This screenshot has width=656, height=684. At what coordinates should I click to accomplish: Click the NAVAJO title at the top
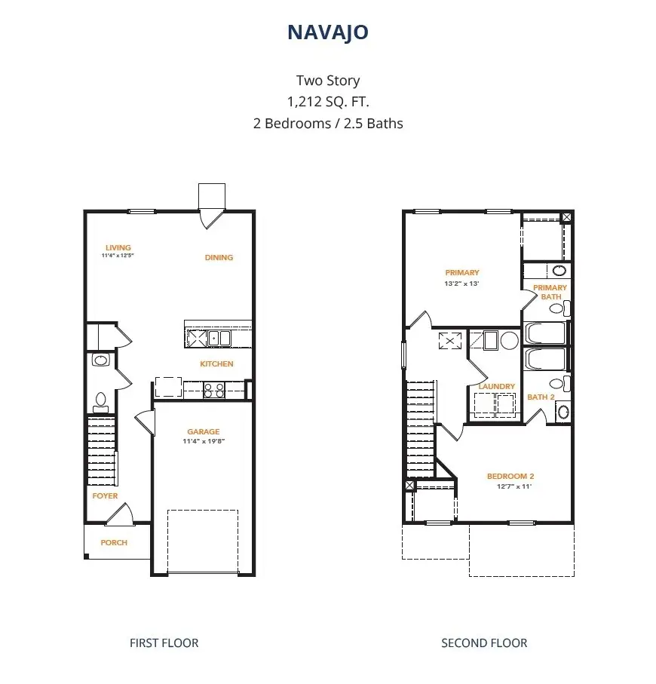coord(328,32)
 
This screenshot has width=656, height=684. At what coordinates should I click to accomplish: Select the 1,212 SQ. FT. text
coord(328,102)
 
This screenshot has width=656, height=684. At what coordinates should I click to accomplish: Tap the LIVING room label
coord(118,247)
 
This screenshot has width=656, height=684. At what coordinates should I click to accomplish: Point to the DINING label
coord(219,257)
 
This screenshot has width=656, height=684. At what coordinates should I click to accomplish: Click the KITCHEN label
coord(216,363)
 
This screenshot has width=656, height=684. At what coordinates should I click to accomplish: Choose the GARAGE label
coord(204,432)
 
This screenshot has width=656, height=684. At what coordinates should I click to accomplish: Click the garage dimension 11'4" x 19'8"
coord(204,441)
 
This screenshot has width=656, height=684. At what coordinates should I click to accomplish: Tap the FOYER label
coord(105,496)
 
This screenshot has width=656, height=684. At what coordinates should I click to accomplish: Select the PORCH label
coord(114,542)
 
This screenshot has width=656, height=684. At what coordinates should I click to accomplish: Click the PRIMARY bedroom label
coord(462,273)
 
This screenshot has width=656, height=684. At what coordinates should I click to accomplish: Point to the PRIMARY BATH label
coord(550,292)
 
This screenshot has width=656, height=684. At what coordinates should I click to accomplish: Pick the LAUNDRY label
coord(497,386)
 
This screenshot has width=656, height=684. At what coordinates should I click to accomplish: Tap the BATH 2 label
coord(541,397)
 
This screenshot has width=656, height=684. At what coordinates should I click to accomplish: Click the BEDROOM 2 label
coord(510,476)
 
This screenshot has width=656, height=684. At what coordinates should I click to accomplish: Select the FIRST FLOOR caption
coord(164,643)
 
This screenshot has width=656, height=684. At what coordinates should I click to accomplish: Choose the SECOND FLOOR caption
coord(484,643)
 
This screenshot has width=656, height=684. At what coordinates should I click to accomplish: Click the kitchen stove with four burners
coord(214,390)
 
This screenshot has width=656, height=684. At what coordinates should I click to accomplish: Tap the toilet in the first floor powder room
coord(100,400)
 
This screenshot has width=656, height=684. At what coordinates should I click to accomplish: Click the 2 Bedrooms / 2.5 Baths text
coord(328,124)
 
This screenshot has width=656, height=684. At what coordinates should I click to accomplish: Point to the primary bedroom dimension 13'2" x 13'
coord(462,284)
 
